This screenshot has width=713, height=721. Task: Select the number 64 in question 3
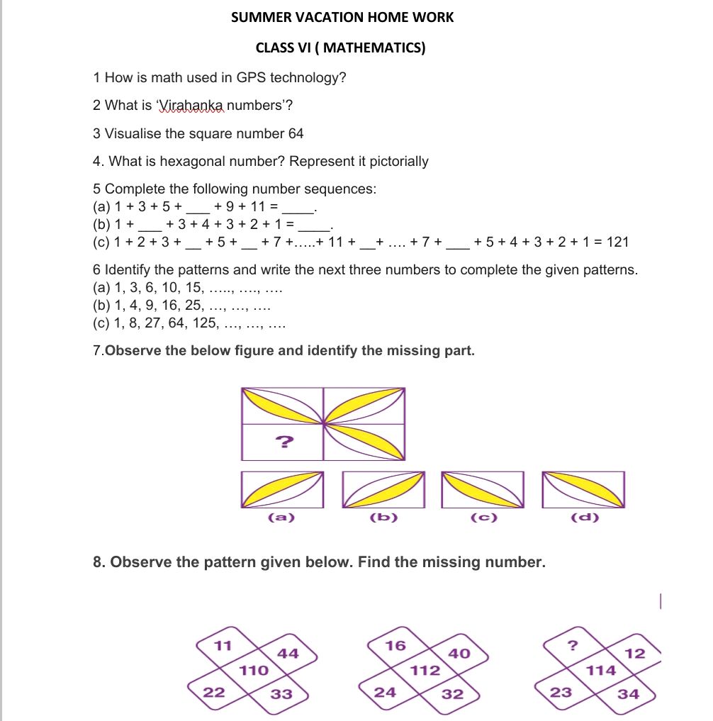point(296,133)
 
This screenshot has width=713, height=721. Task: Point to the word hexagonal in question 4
point(196,162)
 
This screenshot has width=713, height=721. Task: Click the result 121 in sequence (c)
point(618,242)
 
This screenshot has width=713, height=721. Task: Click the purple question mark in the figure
point(283,443)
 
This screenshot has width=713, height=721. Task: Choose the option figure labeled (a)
point(281,489)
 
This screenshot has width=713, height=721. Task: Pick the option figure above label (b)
point(383,489)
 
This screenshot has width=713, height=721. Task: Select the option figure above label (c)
point(483,489)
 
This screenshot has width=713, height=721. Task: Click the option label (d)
point(585,518)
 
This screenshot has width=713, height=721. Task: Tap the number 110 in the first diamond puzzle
point(254,670)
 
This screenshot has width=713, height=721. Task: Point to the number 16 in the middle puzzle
point(395,645)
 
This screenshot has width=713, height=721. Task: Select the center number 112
point(425,670)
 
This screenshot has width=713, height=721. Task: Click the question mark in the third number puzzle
point(573,645)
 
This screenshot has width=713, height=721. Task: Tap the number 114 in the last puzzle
point(601,670)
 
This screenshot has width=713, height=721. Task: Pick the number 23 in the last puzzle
point(561,693)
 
